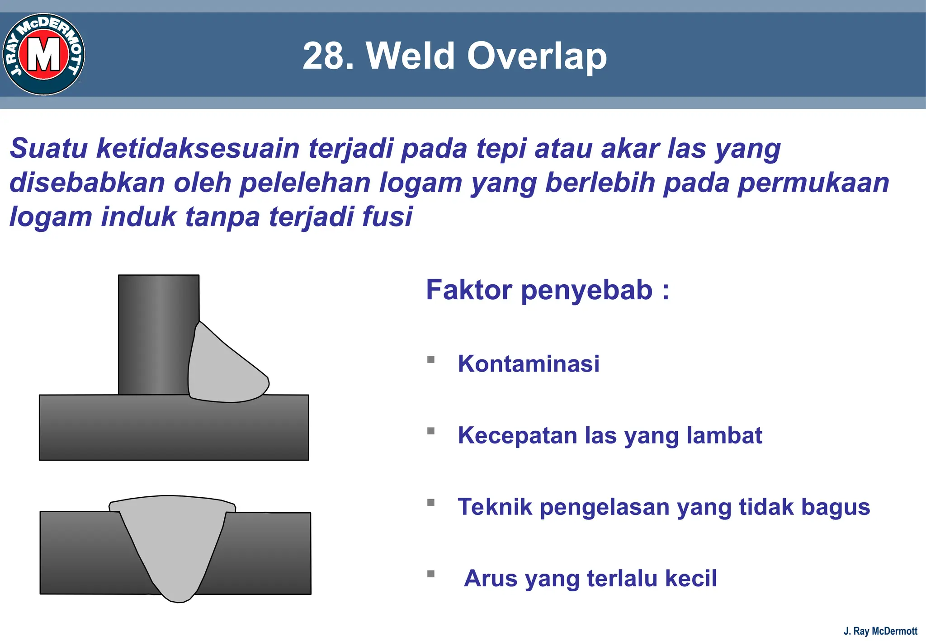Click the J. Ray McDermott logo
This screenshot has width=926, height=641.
[x=44, y=54]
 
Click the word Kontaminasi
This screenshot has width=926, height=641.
[x=529, y=363]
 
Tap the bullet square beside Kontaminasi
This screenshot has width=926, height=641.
[x=431, y=360]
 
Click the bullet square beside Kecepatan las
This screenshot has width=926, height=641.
[x=431, y=431]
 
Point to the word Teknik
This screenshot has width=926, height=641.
[x=495, y=507]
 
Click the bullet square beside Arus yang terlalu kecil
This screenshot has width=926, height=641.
[x=431, y=574]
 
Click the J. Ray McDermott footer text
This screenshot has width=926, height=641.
[x=880, y=631]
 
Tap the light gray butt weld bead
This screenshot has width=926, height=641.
[x=174, y=542]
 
